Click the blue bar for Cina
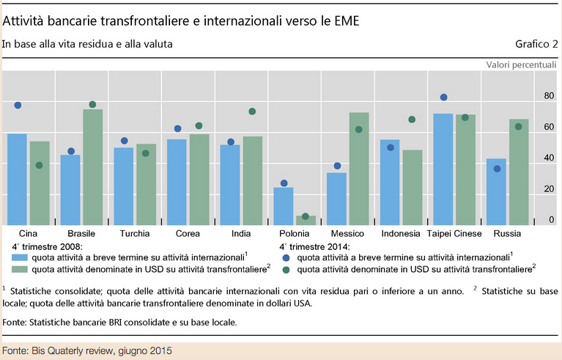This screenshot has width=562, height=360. coord(17,180)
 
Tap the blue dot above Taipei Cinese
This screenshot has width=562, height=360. coord(443,98)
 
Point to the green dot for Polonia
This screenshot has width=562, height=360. coord(306,216)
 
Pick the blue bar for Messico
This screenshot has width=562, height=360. coord(336,199)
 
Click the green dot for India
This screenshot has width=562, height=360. coord(252,111)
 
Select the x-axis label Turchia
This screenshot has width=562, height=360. coord(135,234)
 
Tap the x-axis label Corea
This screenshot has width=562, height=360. coord(188,234)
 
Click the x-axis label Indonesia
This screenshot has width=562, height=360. coord(402,234)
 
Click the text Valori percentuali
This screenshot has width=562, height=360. coord(521,65)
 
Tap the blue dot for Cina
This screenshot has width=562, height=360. coord(18,106)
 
